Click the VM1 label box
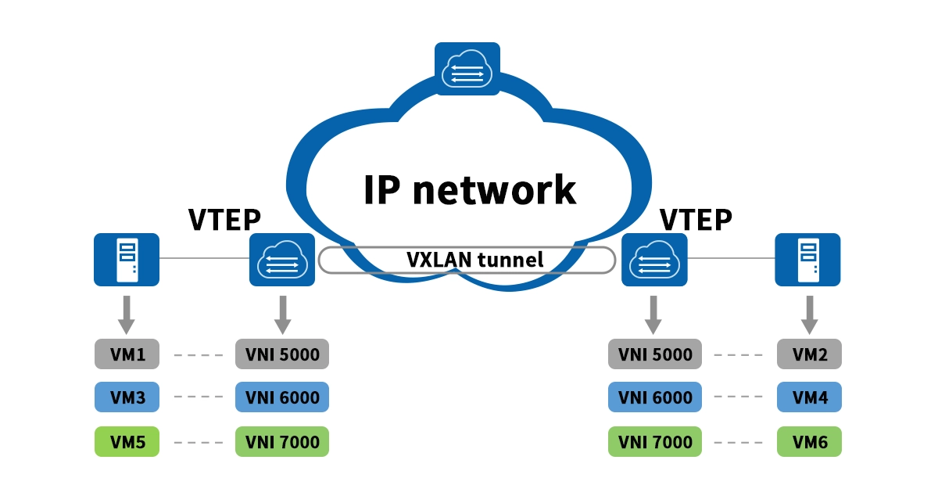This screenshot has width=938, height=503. coord(127,354)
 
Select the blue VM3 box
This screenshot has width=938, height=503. coord(127,397)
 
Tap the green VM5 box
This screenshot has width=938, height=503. coord(127,442)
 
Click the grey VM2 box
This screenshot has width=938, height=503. coord(809,354)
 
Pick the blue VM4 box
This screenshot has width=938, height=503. coord(809,397)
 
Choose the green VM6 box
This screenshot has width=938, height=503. coord(809,442)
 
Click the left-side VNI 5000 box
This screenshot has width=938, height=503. coord(282,354)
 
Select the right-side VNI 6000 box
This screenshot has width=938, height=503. coord(655,397)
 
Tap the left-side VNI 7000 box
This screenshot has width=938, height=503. coord(282,442)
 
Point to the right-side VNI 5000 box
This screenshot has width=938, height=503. coord(655,354)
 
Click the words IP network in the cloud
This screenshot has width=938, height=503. coord(469,189)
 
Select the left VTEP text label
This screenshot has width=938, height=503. coord(224,221)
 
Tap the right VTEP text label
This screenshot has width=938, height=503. coord(696,221)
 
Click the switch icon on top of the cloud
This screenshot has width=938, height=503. coord(467,69)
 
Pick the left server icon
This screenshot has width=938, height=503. coord(127,259)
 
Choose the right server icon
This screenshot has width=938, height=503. coord(807,259)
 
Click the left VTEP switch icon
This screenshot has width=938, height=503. coord(282,259)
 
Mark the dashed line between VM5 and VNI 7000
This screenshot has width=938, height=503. coord(198,443)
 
